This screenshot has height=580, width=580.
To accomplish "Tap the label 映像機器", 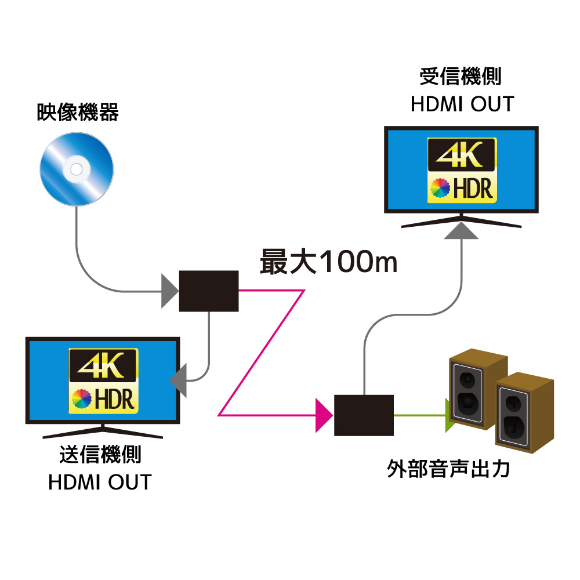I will [78, 113].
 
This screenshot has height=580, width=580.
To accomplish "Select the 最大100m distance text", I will [328, 262].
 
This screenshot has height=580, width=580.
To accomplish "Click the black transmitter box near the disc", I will [209, 291].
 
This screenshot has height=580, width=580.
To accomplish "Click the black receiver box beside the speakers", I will [364, 415].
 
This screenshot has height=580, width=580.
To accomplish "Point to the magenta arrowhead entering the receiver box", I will [322, 415].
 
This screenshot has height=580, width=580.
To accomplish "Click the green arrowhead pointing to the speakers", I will [449, 415].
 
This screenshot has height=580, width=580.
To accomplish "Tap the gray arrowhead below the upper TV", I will [462, 231].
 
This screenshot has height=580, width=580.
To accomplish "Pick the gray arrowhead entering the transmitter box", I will [169, 291].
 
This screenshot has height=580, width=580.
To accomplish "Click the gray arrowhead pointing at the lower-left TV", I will [179, 380].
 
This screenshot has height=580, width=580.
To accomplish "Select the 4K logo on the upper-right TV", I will [462, 154].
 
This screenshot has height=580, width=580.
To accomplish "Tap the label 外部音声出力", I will [448, 468].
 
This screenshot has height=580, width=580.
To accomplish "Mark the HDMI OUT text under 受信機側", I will [462, 104].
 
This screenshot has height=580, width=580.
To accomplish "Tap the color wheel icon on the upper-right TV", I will [440, 188].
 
